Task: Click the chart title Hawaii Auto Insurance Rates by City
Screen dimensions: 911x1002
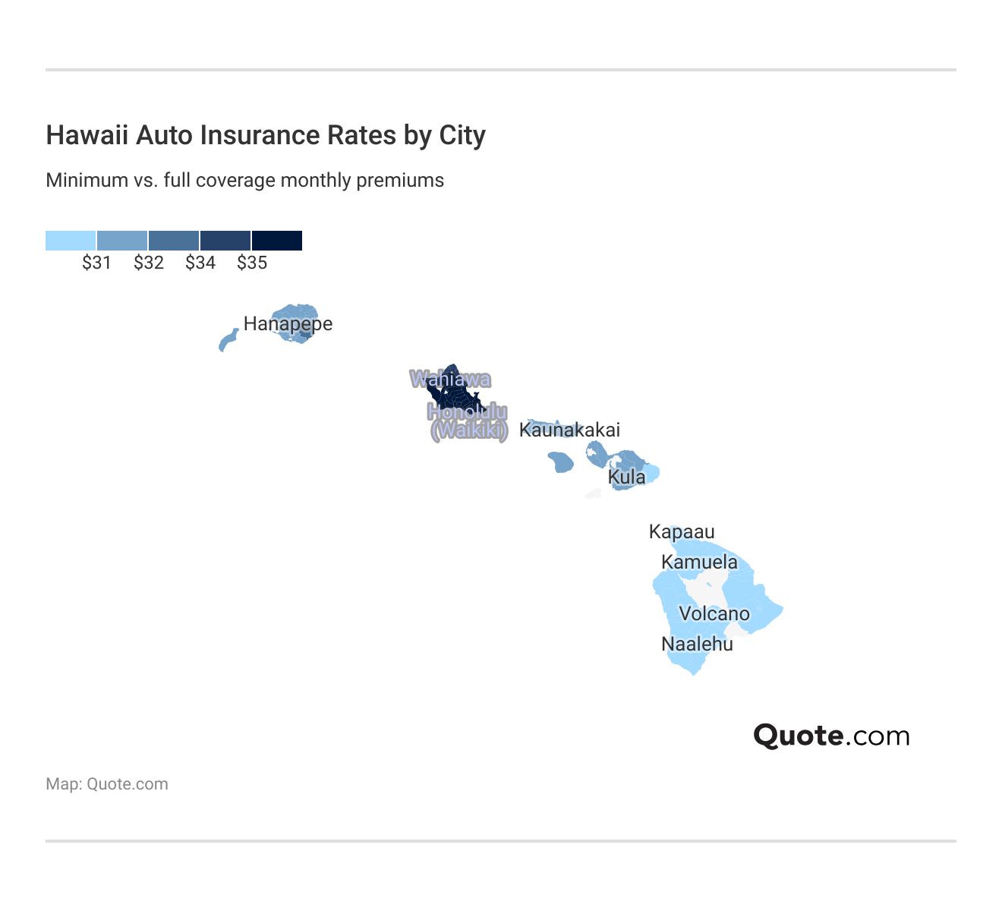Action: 266,135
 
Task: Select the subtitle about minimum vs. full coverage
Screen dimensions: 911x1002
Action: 244,181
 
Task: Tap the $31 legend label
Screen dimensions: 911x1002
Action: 96,263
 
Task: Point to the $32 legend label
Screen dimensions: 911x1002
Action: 149,263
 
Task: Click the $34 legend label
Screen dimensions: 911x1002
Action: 200,263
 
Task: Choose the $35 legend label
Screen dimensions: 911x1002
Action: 252,263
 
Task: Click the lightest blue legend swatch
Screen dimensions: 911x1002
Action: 71,241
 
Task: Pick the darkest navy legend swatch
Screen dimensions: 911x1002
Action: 277,241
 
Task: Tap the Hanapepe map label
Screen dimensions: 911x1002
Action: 288,324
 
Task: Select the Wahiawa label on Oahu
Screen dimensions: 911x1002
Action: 450,379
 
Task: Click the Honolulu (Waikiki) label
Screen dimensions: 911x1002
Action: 468,421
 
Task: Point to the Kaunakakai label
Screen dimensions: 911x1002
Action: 569,430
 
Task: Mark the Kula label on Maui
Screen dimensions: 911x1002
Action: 627,478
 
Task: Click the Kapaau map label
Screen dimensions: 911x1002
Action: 682,532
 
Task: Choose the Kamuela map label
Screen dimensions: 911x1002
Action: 699,563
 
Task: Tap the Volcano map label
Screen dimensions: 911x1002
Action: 714,614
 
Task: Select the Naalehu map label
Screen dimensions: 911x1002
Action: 697,645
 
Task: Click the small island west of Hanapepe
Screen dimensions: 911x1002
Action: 228,340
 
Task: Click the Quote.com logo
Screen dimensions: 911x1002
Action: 831,736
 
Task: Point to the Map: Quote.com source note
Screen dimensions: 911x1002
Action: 107,784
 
